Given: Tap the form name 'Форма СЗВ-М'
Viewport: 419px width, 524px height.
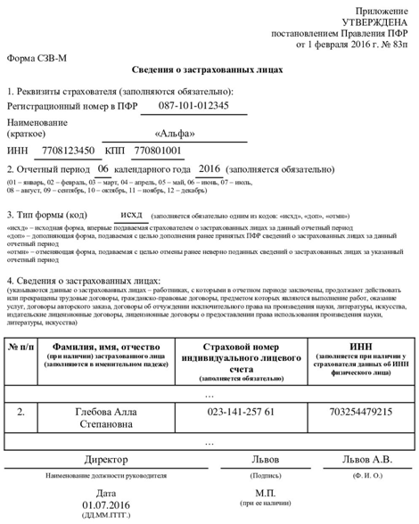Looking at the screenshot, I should click(x=37, y=58).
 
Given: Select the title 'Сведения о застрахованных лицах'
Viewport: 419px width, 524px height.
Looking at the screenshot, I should click(x=209, y=70).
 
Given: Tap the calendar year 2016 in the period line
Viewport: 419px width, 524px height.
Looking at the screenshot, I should click(x=209, y=168).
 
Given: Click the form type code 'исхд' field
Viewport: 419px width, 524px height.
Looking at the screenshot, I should click(x=130, y=215).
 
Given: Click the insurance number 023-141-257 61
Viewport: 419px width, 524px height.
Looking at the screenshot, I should click(x=241, y=412).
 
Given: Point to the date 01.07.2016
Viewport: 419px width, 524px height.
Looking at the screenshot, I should click(x=106, y=505).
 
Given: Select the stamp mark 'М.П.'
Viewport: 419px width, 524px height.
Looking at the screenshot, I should click(x=265, y=492).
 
